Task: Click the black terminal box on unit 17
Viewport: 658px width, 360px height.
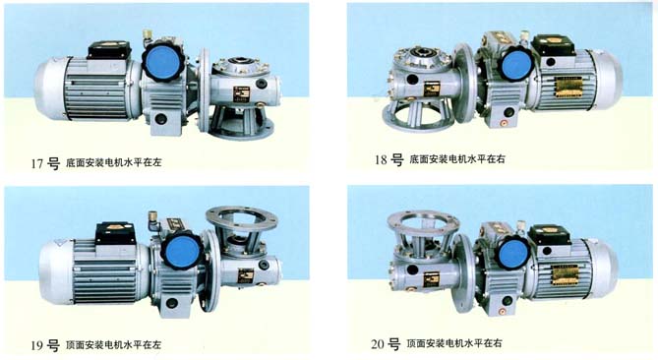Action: tap(109, 48)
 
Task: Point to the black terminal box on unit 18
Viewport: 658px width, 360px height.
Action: tap(551, 45)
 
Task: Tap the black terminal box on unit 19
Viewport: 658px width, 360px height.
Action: tap(117, 232)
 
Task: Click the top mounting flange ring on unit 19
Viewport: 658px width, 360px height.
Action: tap(240, 216)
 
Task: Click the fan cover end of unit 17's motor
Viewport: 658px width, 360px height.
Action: tap(48, 87)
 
